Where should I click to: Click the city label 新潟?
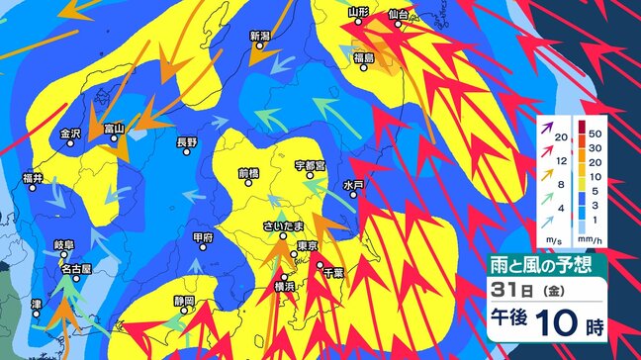tap(259, 36)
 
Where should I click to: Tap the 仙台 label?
tap(399, 13)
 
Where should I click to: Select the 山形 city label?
tap(358, 12)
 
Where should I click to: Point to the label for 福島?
tap(363, 59)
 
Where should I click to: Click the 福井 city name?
tap(33, 178)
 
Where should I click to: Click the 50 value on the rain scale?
tap(595, 132)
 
